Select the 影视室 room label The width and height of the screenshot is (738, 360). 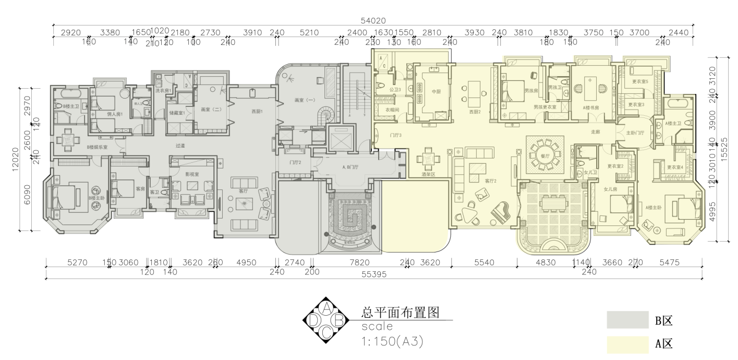191,174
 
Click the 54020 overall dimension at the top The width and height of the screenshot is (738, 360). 374,21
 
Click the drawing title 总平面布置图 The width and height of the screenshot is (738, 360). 398,313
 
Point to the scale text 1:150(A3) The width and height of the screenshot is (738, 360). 391,342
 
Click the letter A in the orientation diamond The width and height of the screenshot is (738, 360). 326,307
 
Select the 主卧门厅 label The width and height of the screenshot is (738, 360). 635,133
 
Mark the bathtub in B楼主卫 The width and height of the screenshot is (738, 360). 67,94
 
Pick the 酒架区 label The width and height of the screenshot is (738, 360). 429,175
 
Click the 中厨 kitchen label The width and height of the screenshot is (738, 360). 436,92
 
